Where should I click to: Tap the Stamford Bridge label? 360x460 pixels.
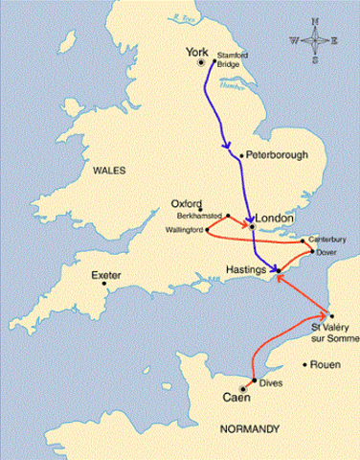[x=232, y=61]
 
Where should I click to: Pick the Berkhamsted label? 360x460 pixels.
[x=199, y=217]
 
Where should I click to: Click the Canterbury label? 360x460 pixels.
[x=326, y=239]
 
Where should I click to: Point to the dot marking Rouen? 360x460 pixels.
[x=306, y=364]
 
